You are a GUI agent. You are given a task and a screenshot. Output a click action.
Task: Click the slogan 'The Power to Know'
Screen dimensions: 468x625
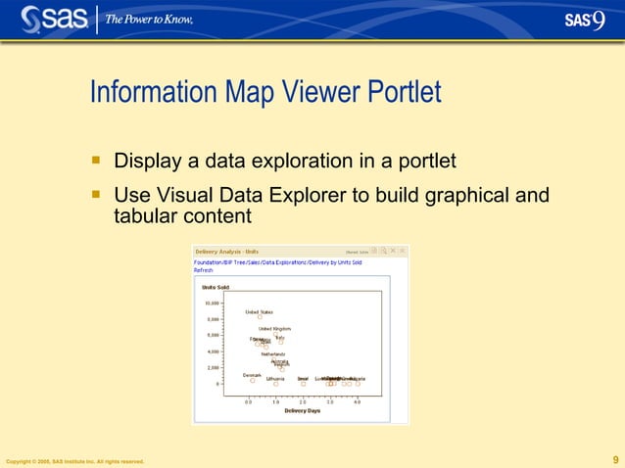click(x=149, y=20)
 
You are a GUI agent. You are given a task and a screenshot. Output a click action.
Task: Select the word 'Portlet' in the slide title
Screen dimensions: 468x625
click(x=403, y=93)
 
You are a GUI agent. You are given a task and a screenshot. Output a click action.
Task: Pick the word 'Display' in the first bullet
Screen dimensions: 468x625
click(x=147, y=160)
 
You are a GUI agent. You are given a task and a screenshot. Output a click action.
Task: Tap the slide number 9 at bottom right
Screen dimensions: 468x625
click(x=614, y=459)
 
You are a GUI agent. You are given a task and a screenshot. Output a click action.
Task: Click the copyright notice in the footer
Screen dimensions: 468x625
click(x=75, y=461)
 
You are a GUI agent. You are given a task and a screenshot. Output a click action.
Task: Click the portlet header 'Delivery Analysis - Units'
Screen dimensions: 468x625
click(x=227, y=252)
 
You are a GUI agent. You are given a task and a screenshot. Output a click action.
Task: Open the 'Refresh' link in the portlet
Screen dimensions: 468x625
click(x=204, y=270)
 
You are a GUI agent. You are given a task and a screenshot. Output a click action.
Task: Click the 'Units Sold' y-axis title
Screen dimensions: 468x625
click(x=216, y=287)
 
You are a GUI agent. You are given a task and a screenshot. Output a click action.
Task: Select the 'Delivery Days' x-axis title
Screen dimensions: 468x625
click(x=302, y=410)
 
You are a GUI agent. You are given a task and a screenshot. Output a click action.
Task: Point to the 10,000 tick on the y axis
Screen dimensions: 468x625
click(x=212, y=304)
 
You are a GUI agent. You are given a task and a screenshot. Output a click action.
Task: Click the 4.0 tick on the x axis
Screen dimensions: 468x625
click(x=358, y=401)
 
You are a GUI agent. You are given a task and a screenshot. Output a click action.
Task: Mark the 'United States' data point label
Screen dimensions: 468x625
click(x=259, y=312)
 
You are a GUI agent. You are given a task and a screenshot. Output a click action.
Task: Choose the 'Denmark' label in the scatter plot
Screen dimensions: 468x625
click(x=252, y=374)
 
